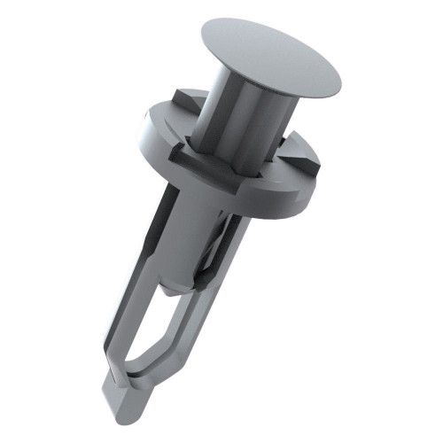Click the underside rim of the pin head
(x=266, y=89)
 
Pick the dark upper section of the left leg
(x=155, y=221)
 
